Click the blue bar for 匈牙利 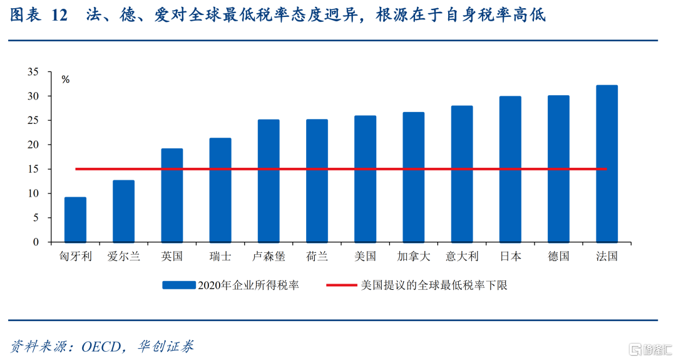76,220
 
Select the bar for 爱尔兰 124,211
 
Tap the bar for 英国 172,195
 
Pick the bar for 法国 607,164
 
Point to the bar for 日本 511,169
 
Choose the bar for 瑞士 220,190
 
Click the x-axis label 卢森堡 269,257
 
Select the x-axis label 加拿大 414,257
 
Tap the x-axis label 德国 559,257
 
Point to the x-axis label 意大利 462,257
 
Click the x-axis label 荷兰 317,257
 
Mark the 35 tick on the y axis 33,72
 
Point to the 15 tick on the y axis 33,169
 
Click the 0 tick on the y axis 36,242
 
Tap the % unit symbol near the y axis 66,80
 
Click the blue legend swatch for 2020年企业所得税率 179,285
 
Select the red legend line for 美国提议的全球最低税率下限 342,285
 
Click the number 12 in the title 59,16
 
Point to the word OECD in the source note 101,347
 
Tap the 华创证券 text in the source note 165,346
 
